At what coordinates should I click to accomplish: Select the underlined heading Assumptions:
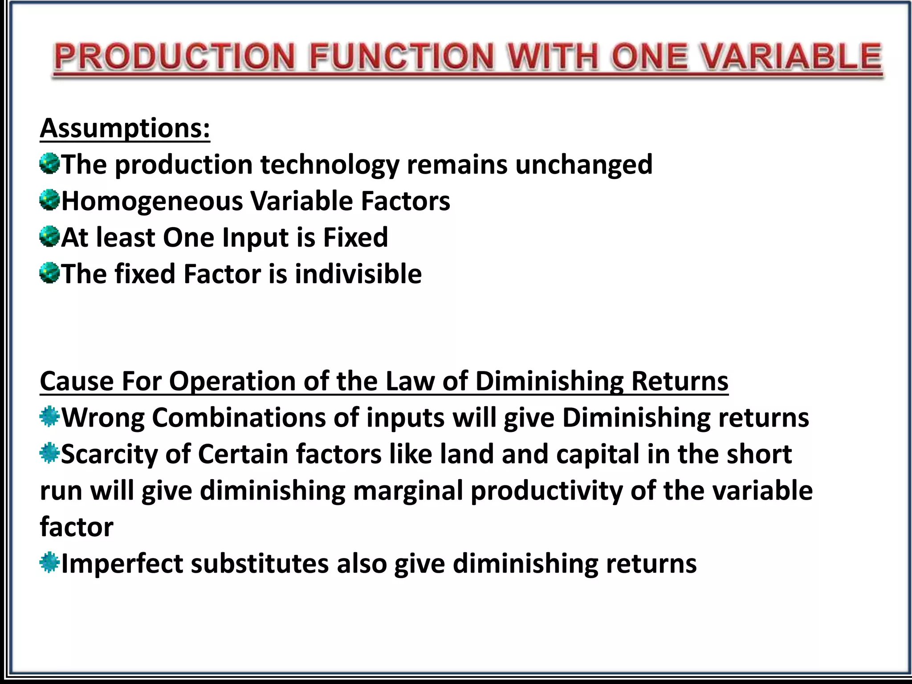[x=125, y=128]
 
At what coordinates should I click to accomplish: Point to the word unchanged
[x=583, y=165]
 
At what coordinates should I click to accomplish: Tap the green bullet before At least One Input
[x=49, y=236]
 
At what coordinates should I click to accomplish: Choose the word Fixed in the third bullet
[x=355, y=237]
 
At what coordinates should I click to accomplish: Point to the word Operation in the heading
[x=232, y=382]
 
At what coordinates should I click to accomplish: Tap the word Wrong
[x=103, y=418]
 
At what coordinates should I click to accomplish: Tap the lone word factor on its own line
[x=77, y=527]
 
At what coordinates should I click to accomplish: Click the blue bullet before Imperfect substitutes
[x=49, y=563]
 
